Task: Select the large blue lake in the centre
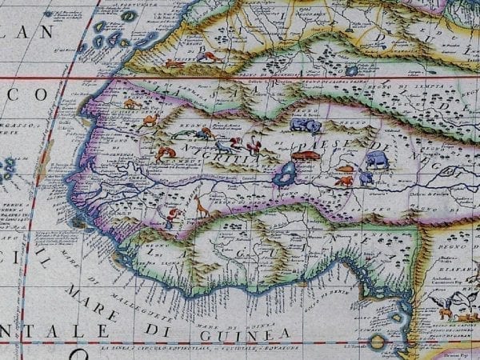[x=283, y=174]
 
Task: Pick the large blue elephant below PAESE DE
[x=376, y=159]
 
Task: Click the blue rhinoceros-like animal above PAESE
[x=306, y=125]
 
